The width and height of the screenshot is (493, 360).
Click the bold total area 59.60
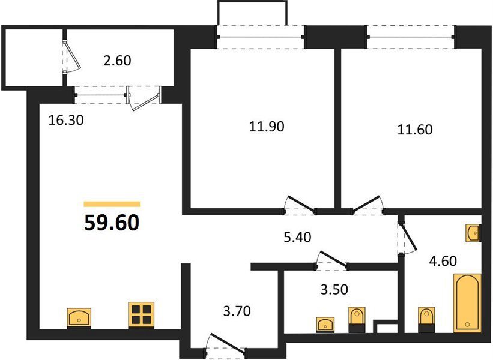pyautogui.click(x=112, y=223)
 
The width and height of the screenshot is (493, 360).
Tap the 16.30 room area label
pyautogui.click(x=66, y=120)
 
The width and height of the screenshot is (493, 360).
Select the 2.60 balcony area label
pyautogui.click(x=117, y=61)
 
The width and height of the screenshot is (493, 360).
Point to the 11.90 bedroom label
pyautogui.click(x=267, y=126)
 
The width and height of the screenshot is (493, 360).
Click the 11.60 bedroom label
pyautogui.click(x=415, y=130)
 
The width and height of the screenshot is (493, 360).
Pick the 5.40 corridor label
pyautogui.click(x=297, y=237)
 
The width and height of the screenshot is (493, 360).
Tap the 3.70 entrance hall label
pyautogui.click(x=237, y=311)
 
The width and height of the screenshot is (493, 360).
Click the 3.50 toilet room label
pyautogui.click(x=334, y=290)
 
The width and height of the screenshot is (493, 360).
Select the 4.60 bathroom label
pyautogui.click(x=443, y=261)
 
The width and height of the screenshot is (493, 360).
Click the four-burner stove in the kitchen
pyautogui.click(x=141, y=315)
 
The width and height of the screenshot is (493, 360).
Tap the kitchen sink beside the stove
pyautogui.click(x=79, y=318)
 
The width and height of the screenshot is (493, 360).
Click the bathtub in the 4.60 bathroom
pyautogui.click(x=467, y=303)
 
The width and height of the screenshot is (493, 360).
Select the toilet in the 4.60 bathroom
pyautogui.click(x=426, y=319)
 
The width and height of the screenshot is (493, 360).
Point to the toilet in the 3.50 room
pyautogui.click(x=357, y=319)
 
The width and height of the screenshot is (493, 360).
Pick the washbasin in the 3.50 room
pyautogui.click(x=325, y=324)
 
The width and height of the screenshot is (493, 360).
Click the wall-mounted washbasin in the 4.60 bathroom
pyautogui.click(x=473, y=233)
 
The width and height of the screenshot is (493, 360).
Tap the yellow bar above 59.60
pyautogui.click(x=112, y=204)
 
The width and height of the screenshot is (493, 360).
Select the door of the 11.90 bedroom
pyautogui.click(x=300, y=205)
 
